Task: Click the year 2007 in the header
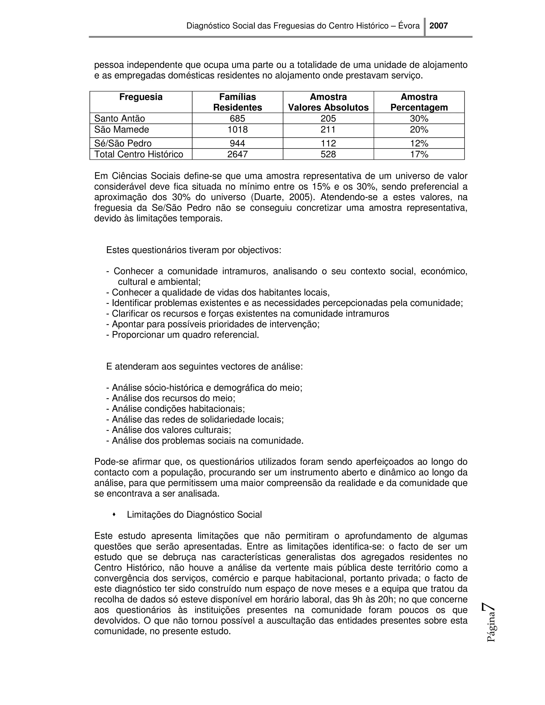[439, 26]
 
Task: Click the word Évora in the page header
[409, 26]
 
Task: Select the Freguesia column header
[141, 97]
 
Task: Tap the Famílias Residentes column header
[238, 102]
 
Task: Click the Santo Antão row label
[119, 118]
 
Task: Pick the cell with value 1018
[238, 130]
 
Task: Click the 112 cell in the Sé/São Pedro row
[328, 143]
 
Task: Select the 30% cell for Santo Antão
[419, 118]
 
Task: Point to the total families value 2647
[238, 154]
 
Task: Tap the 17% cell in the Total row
[419, 154]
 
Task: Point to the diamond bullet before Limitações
[114, 515]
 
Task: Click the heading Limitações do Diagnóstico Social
[194, 515]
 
